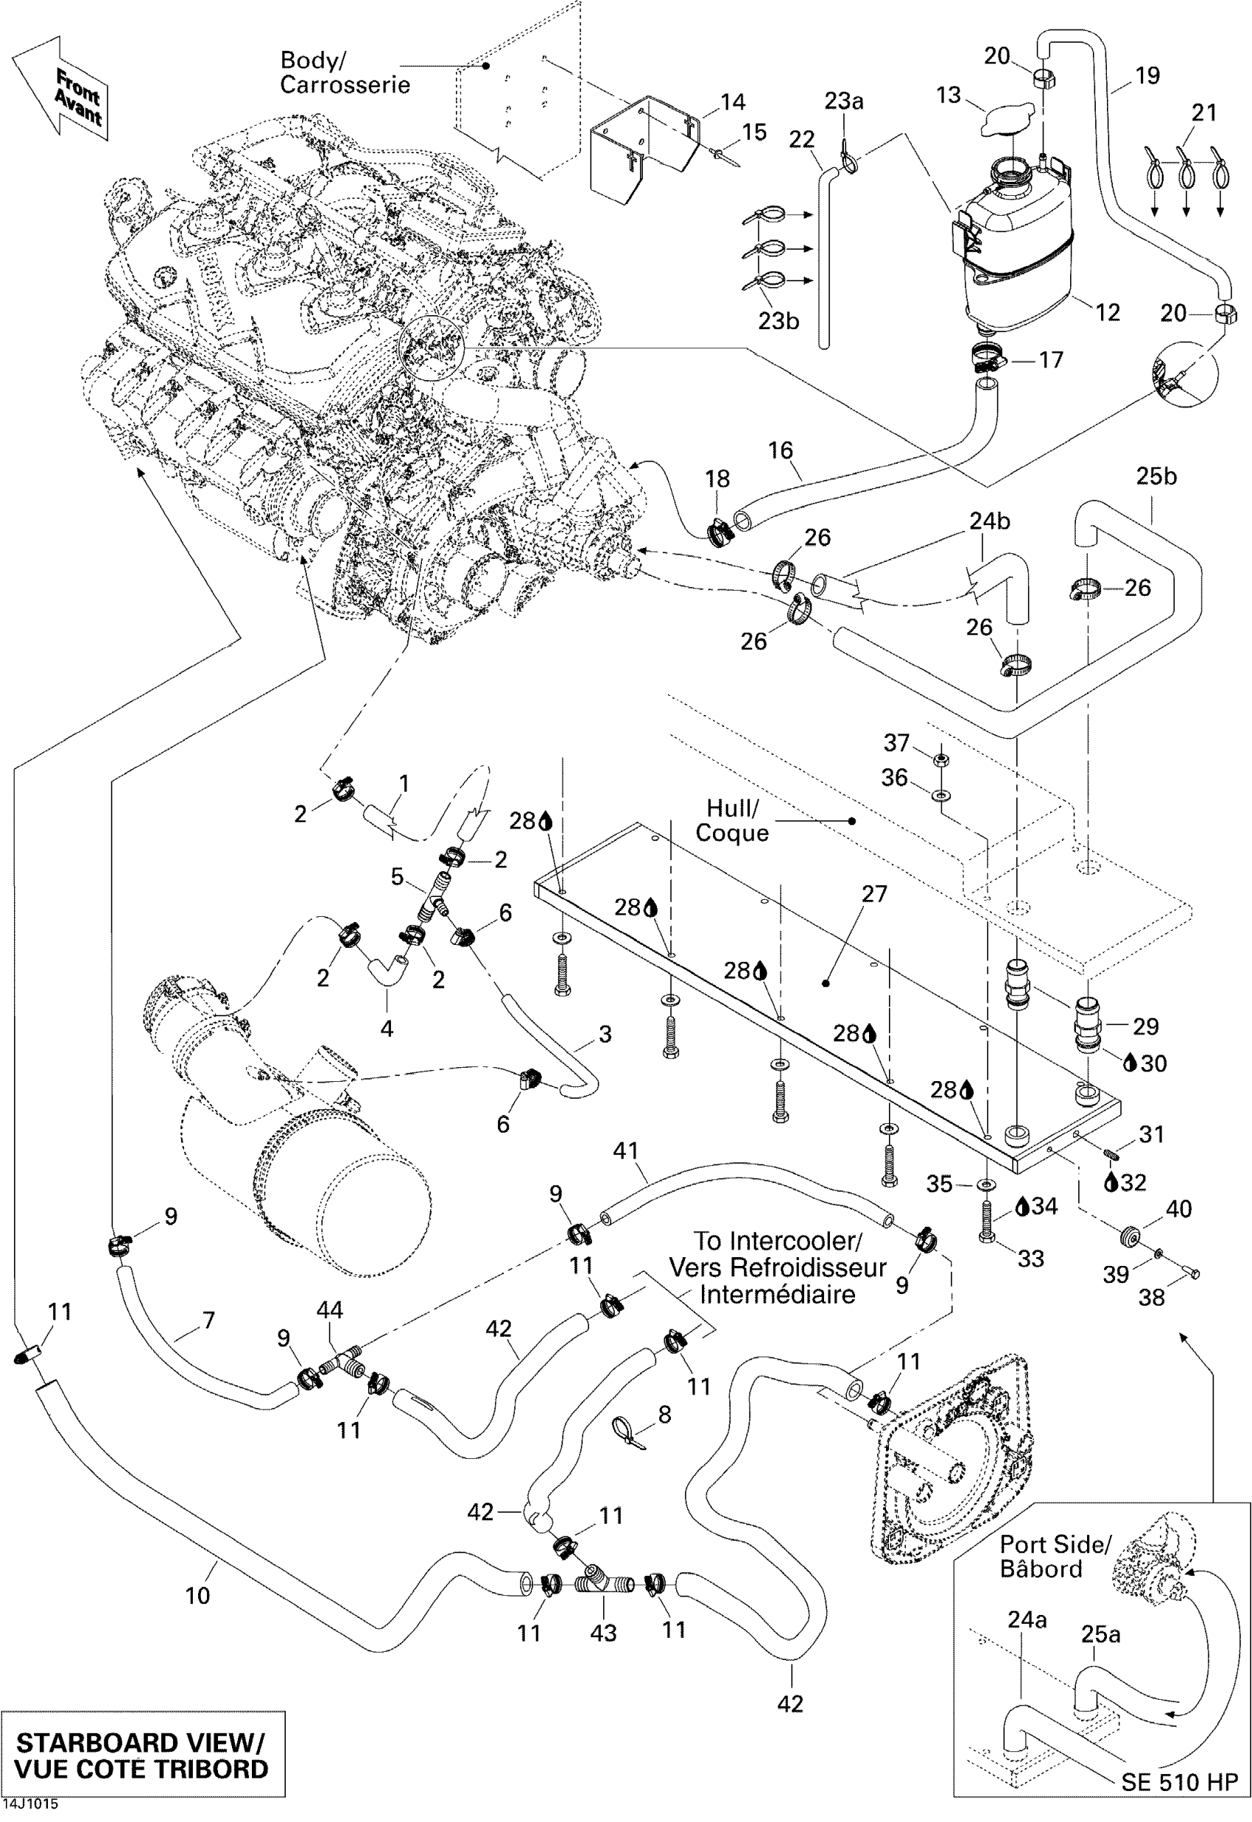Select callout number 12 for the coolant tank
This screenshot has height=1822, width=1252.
point(1107,313)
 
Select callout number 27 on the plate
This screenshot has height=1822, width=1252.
point(874,894)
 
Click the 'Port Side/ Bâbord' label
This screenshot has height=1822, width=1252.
point(1055,1556)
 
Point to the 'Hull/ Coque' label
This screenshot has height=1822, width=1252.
point(732,820)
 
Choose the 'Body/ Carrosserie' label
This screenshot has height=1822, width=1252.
point(345,72)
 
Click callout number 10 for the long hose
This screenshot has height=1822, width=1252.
point(197,1594)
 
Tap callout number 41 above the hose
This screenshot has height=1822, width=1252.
point(625,1150)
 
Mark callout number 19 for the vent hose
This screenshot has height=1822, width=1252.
point(1147,75)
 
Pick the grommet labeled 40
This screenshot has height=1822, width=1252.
point(1130,1238)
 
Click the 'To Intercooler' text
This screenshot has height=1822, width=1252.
point(777,1241)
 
